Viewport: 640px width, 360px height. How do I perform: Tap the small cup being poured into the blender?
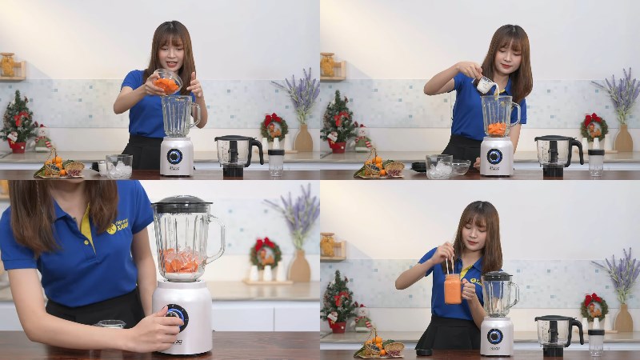[486, 84]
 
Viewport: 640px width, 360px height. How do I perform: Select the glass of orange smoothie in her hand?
[453, 288]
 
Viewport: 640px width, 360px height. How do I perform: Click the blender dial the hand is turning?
[176, 317]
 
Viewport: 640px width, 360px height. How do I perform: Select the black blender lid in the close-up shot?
[182, 204]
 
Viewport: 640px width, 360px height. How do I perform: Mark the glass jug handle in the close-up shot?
[216, 240]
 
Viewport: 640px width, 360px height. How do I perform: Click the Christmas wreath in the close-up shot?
[265, 253]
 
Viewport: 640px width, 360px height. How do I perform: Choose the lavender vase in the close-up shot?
[299, 266]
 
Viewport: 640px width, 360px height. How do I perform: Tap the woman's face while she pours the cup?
[506, 59]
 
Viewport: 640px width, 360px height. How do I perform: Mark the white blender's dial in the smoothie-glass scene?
[495, 336]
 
